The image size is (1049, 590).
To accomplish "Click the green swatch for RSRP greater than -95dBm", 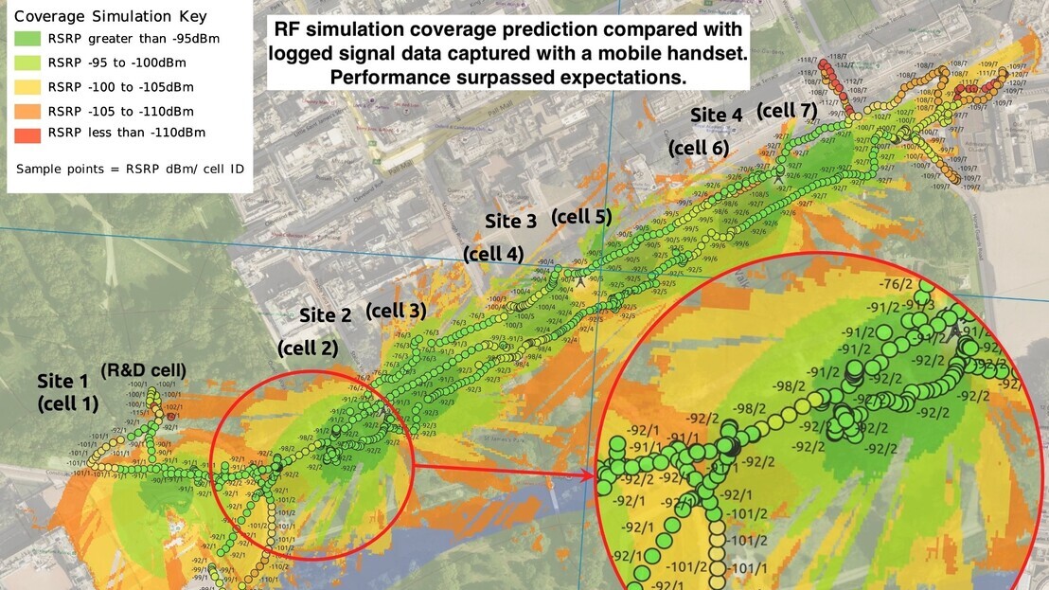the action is (x=28, y=40).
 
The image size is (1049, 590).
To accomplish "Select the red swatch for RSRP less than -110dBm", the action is (x=28, y=133).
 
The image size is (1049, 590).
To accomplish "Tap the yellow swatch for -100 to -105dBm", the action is (x=28, y=86).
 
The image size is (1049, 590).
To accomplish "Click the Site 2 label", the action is (x=325, y=315).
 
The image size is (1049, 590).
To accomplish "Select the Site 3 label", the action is (x=510, y=222).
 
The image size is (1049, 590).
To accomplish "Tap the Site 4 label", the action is (x=716, y=116).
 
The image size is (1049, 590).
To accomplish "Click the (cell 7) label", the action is (x=786, y=111).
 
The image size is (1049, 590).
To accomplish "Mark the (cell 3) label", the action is (x=395, y=310).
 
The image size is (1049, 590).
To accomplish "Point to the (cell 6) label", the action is (x=699, y=148).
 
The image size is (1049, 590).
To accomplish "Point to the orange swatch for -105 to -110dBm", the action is (x=28, y=109).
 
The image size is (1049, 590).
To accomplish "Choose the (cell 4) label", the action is (x=492, y=254).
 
